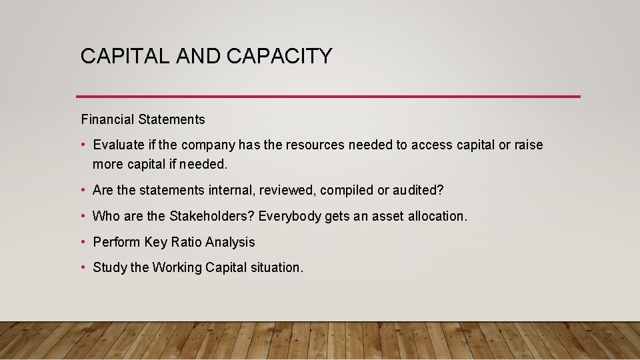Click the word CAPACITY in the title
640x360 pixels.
pos(279,56)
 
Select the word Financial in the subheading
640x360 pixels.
pos(108,120)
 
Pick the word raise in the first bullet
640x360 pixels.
pos(529,145)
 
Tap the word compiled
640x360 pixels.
pos(347,190)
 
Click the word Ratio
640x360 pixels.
pos(186,242)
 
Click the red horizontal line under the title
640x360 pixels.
pos(328,97)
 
